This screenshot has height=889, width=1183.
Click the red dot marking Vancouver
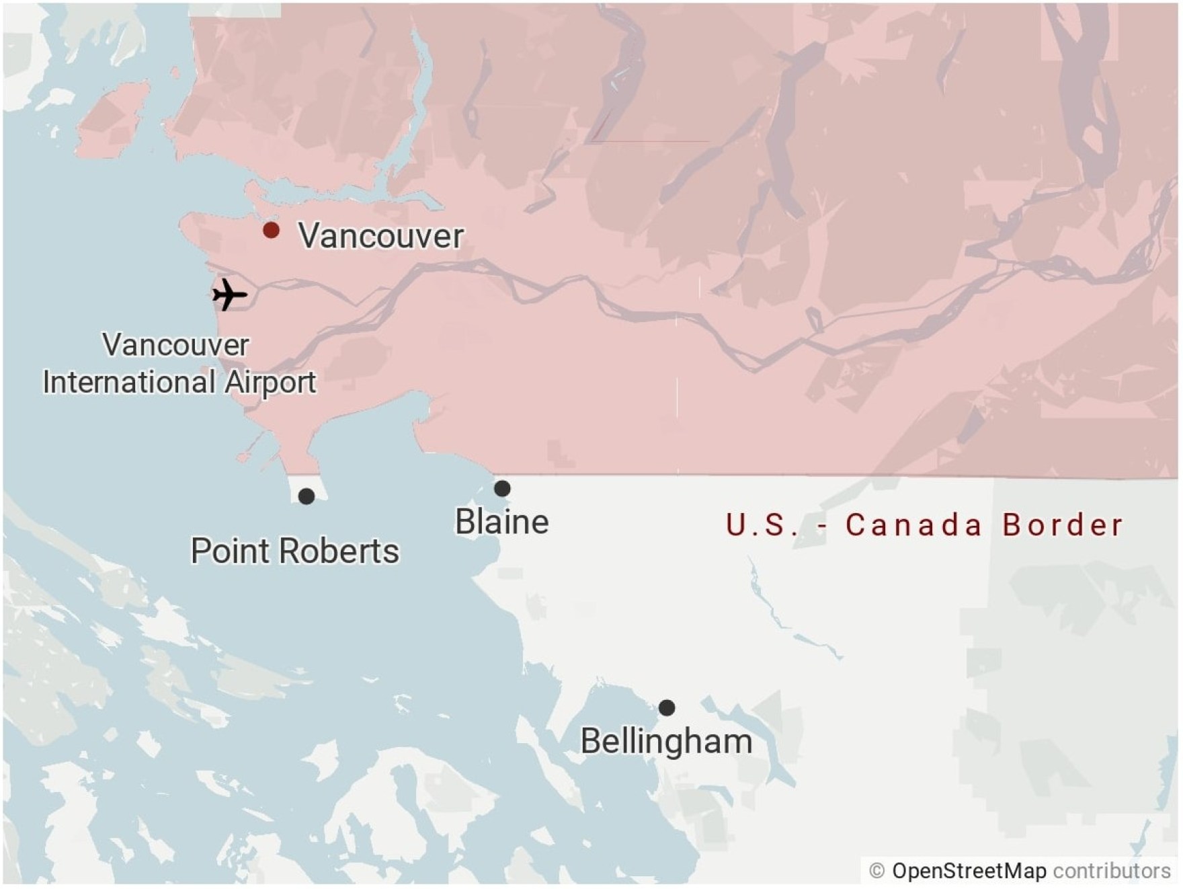(271, 231)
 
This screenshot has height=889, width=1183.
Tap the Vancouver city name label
(381, 236)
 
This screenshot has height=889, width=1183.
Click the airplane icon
(229, 295)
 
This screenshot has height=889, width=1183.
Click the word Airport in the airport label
(270, 383)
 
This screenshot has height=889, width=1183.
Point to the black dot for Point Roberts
(307, 496)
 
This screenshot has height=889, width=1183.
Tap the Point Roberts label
(294, 551)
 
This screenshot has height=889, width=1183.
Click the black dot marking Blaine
(502, 488)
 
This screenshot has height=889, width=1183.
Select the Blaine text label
(501, 522)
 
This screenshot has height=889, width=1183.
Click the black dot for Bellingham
(667, 707)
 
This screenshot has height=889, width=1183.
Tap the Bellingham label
(666, 741)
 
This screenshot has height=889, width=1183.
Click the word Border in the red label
(1063, 525)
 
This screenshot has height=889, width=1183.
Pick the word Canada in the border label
(913, 525)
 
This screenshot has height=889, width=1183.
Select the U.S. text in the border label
(762, 525)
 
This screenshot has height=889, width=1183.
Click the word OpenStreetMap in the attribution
(969, 871)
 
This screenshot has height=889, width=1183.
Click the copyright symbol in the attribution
(876, 871)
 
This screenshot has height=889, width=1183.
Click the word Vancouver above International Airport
(175, 345)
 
